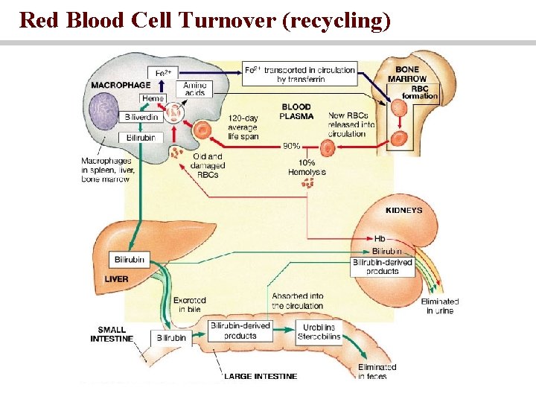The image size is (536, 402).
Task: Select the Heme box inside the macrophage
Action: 153,99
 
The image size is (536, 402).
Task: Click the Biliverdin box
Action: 141,118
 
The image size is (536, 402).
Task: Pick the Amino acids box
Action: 194,88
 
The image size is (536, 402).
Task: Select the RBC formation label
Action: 419,92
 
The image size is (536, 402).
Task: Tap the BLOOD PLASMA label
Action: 296,111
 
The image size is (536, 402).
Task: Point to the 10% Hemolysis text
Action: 307,167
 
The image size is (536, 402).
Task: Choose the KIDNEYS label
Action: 403,211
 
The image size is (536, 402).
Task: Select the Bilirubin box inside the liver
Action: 129,259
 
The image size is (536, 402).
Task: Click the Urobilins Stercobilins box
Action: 321,331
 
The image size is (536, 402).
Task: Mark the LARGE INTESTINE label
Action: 261,377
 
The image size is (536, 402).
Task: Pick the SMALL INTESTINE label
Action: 112,334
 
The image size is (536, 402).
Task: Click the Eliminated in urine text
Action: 439,306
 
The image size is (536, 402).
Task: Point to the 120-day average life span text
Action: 243,127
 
